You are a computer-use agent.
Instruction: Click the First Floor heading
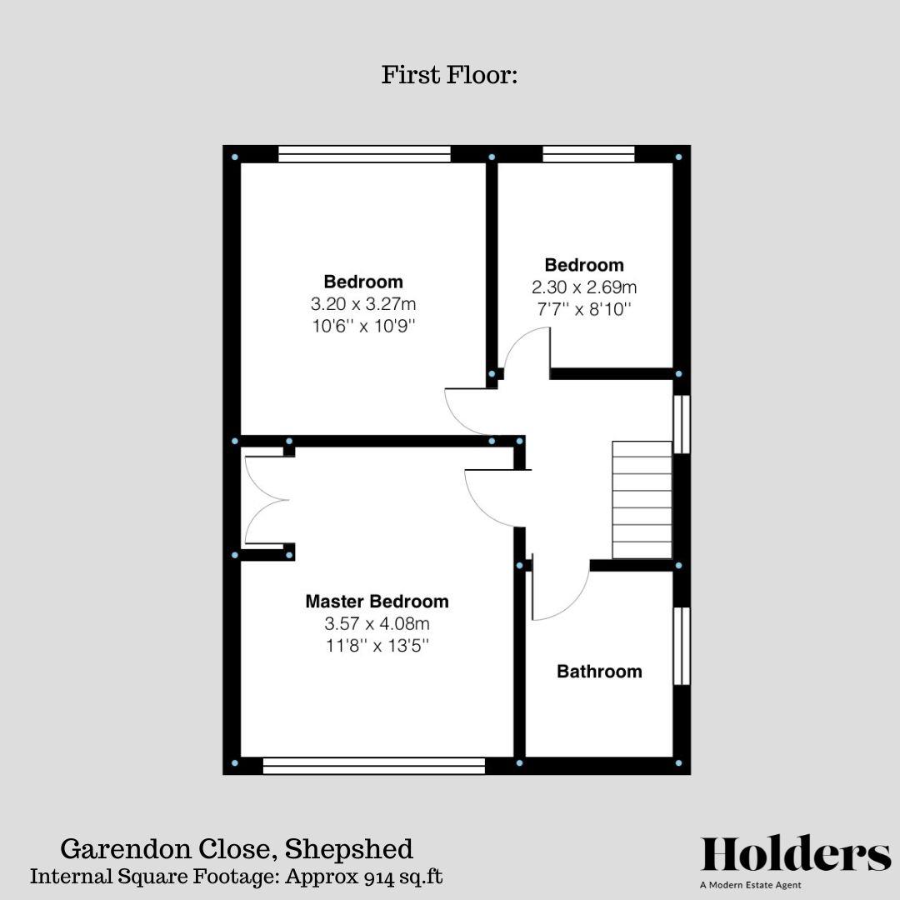pos(450,75)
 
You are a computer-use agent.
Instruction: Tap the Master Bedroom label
pos(377,601)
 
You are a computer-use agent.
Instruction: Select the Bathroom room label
pos(599,671)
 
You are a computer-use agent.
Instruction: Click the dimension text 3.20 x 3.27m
pos(363,304)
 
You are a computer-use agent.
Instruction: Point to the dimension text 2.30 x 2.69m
pos(584,287)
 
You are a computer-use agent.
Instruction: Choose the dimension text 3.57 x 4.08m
pos(377,623)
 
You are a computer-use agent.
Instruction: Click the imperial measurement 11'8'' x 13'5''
pos(377,645)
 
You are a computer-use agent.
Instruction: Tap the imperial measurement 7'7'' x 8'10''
pos(584,309)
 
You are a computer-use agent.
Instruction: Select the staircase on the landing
pos(642,500)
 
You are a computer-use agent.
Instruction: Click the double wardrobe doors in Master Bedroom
pos(265,500)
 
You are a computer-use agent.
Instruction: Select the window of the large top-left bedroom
pos(364,153)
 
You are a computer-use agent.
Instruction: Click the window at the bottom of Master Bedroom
pos(373,766)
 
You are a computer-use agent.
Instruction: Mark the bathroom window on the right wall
pos(682,646)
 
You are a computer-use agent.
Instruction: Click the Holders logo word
pos(796,854)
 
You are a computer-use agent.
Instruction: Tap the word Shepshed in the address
pos(349,849)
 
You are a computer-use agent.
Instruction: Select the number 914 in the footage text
pos(381,877)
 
